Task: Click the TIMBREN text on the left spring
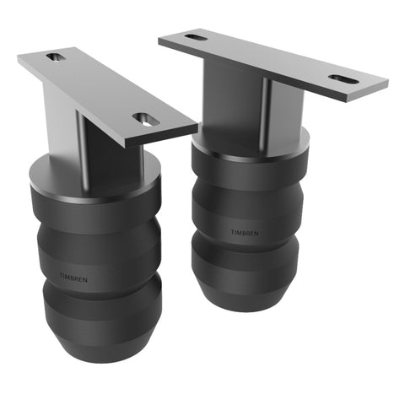(x=73, y=276)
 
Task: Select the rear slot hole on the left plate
(x=56, y=57)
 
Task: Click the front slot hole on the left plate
(x=146, y=120)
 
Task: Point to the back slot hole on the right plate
(x=195, y=37)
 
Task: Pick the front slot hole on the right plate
(x=342, y=78)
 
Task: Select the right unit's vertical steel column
(x=266, y=105)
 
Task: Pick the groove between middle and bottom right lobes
(x=245, y=246)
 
